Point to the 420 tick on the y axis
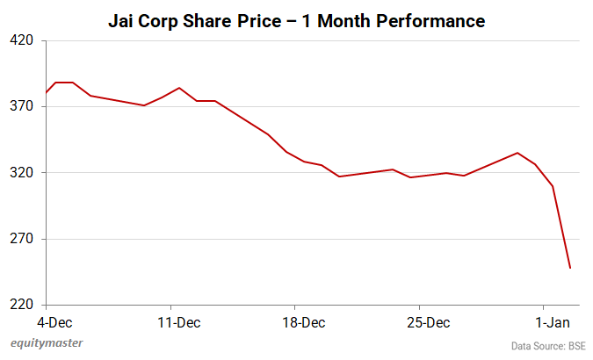click(x=22, y=40)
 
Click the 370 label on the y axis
click(x=22, y=106)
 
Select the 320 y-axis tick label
click(x=22, y=173)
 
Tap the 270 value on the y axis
click(x=22, y=239)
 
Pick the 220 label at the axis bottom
click(x=22, y=305)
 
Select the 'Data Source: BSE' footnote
click(x=548, y=346)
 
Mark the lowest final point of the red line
click(x=570, y=268)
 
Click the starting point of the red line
click(x=47, y=93)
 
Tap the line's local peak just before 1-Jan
click(x=517, y=153)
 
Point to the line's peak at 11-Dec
click(x=179, y=88)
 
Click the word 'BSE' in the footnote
click(x=576, y=346)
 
